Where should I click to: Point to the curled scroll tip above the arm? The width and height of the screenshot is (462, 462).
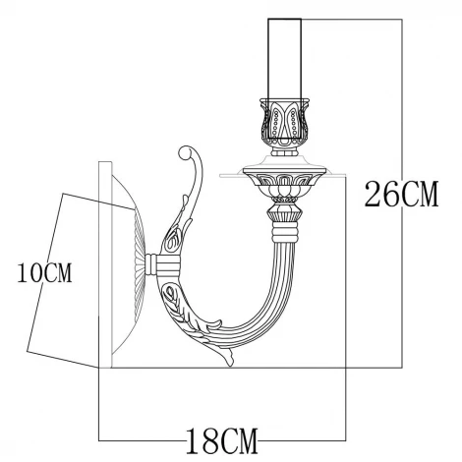pos(189,158)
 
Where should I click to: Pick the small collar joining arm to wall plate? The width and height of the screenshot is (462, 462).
pos(163,263)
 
